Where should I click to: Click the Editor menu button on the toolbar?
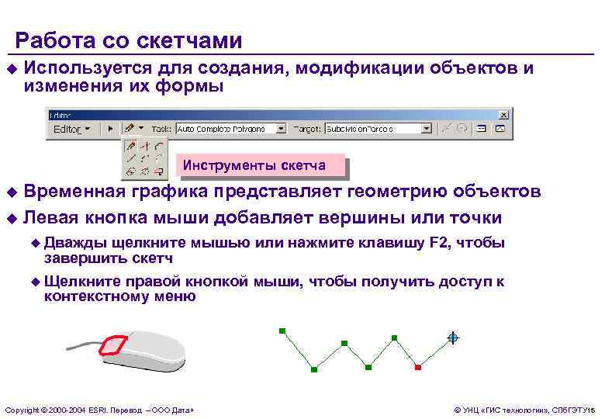71,128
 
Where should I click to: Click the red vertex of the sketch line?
417,366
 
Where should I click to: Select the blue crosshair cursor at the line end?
453,338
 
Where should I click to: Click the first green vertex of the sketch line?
282,331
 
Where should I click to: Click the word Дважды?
68,243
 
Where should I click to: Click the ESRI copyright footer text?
99,409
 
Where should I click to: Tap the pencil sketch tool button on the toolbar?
131,128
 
